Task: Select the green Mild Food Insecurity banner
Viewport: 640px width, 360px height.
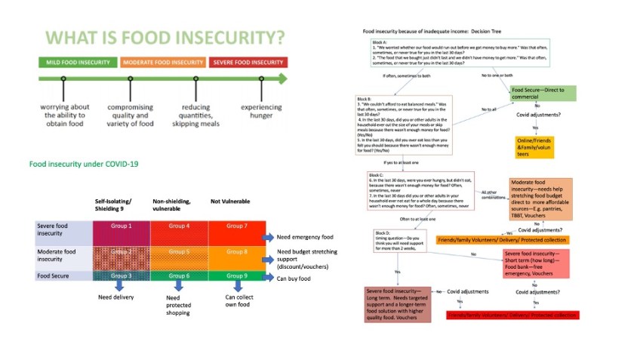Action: pyautogui.click(x=76, y=62)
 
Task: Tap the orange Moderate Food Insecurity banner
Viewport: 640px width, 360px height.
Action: pyautogui.click(x=162, y=62)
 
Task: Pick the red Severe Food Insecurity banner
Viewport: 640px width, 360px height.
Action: pyautogui.click(x=248, y=62)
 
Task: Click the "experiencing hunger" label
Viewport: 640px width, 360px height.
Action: pyautogui.click(x=261, y=112)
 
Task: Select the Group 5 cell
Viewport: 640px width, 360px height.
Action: pyautogui.click(x=178, y=252)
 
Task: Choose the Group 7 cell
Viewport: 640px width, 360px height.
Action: pyautogui.click(x=235, y=226)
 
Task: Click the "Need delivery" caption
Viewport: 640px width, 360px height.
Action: pyautogui.click(x=116, y=297)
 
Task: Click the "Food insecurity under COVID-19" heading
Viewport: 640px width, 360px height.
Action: pyautogui.click(x=82, y=163)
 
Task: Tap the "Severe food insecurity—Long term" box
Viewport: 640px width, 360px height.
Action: pyautogui.click(x=399, y=304)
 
